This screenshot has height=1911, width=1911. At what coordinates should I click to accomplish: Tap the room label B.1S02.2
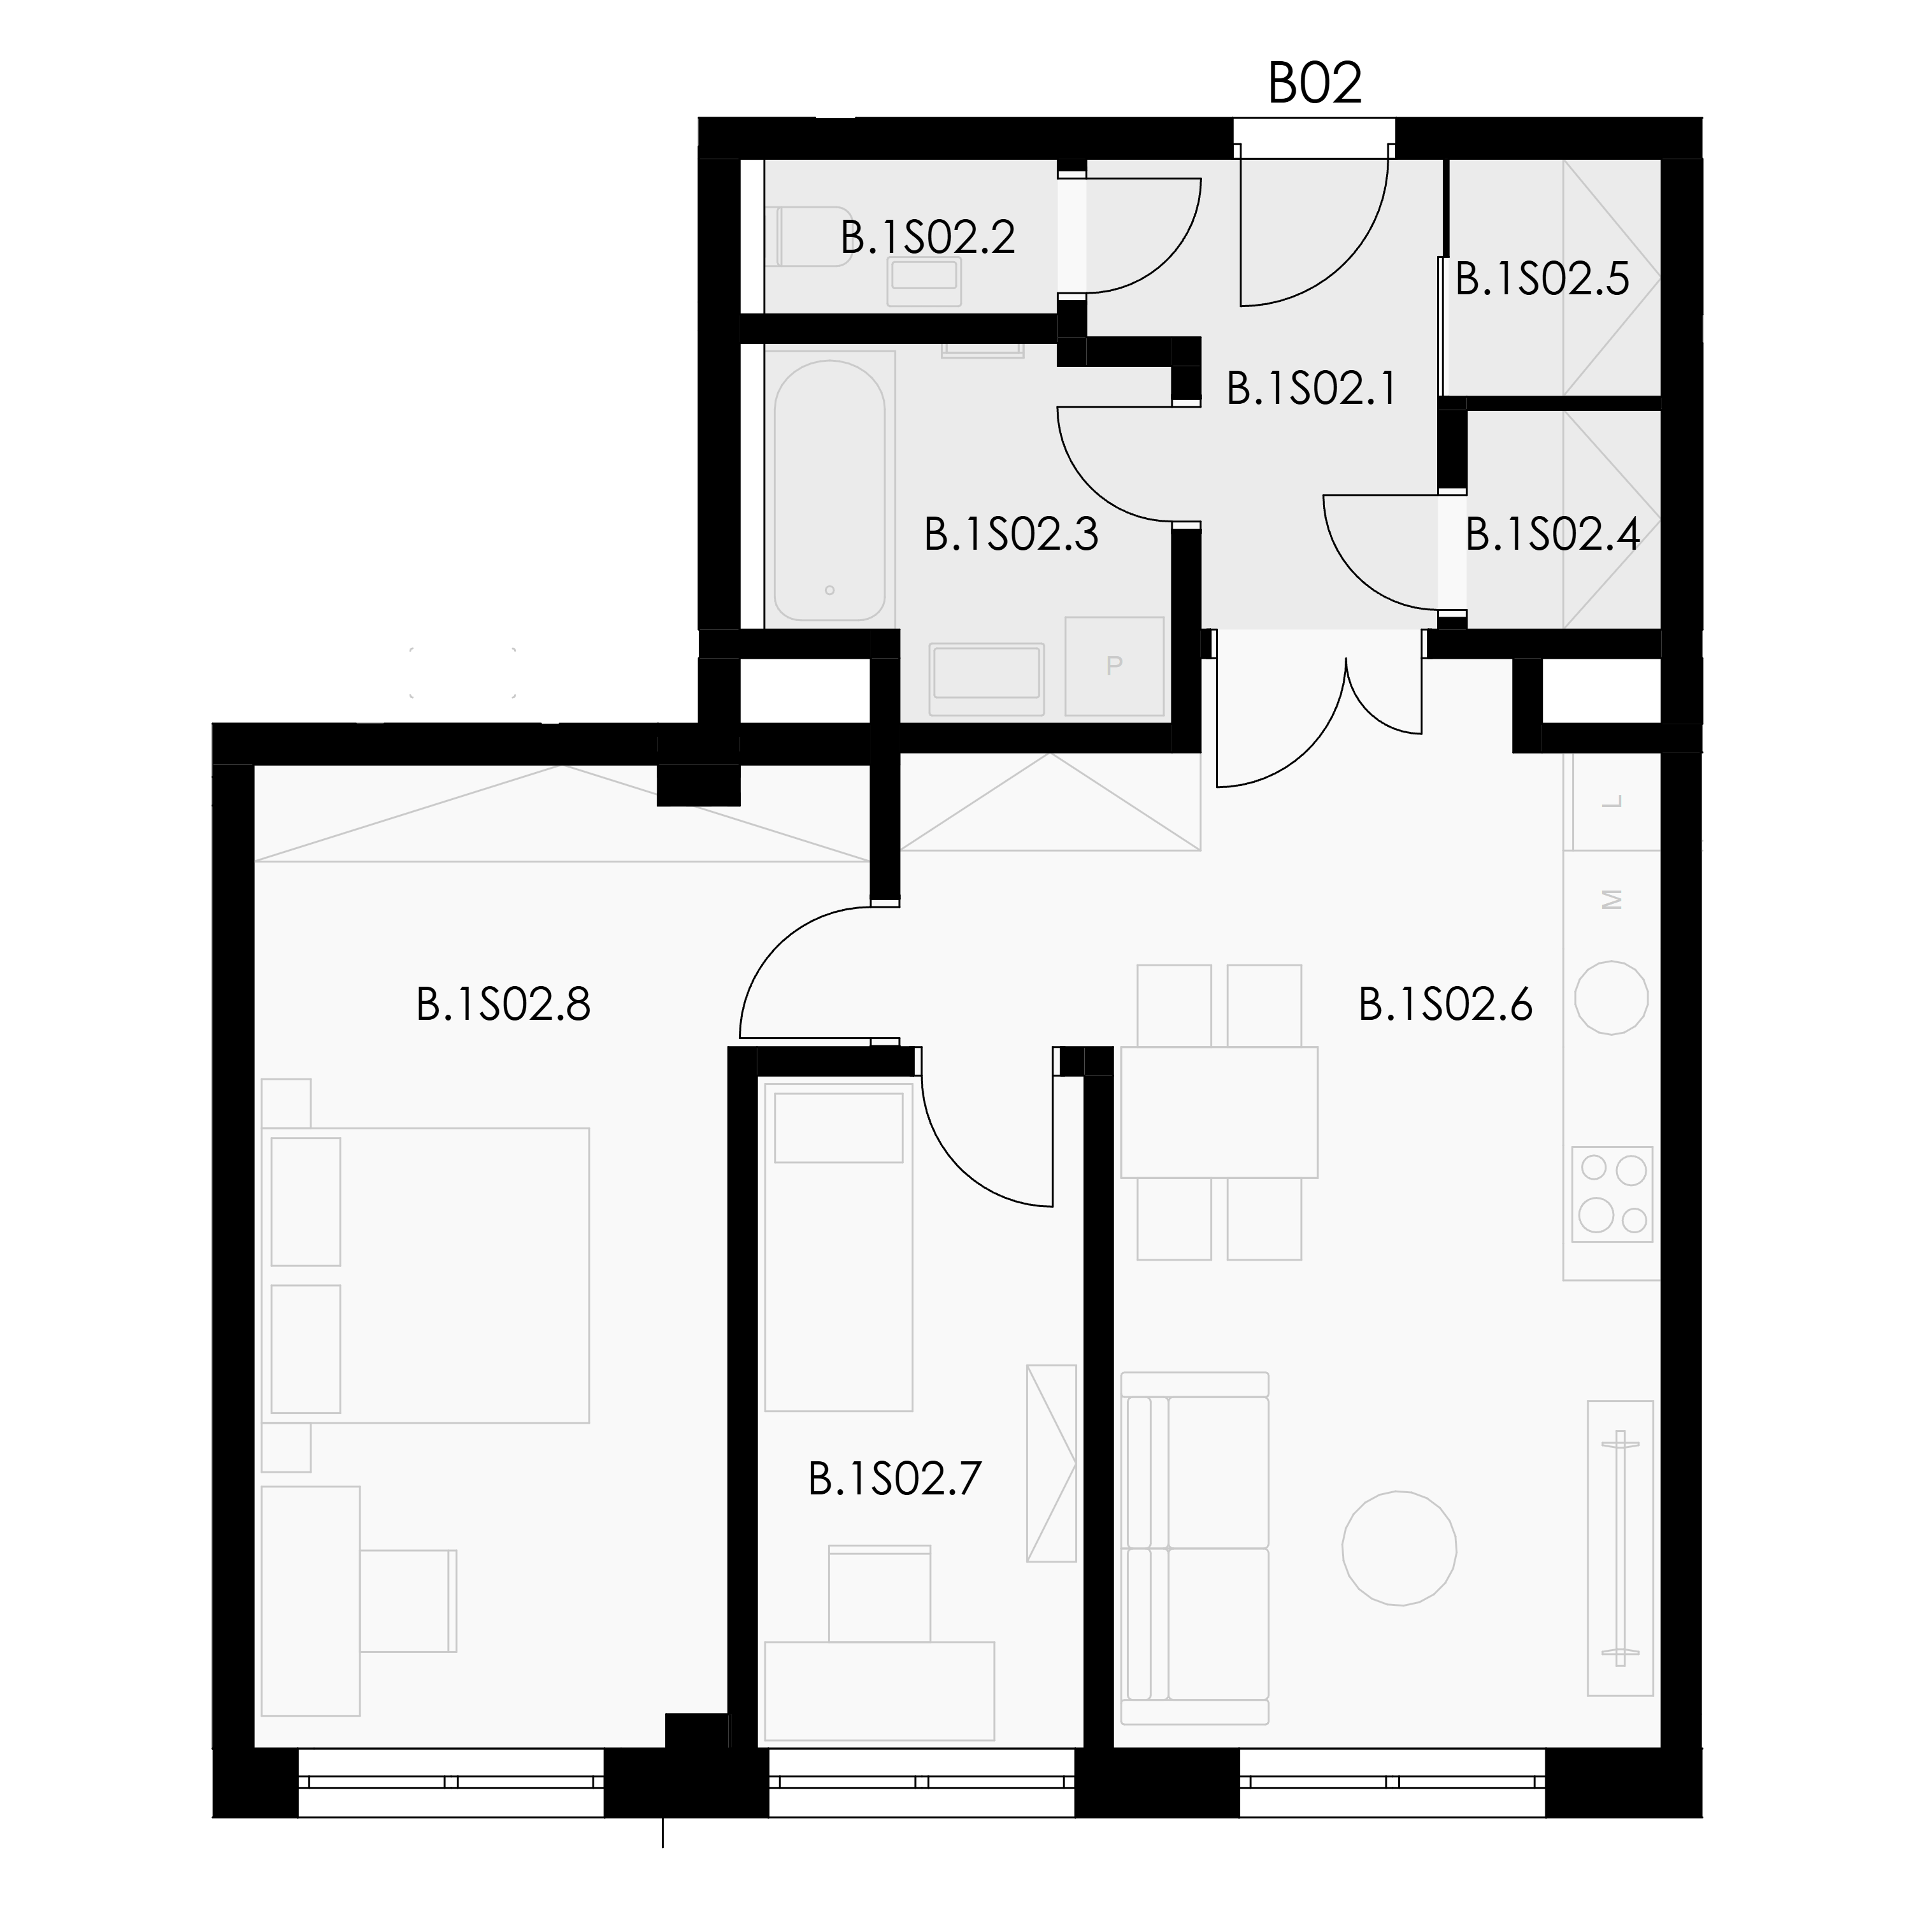click(x=928, y=238)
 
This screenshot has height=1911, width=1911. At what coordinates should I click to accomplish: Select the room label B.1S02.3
click(x=1011, y=534)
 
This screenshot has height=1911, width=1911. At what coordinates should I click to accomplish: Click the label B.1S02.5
click(x=1542, y=280)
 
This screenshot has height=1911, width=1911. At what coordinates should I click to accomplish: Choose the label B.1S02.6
click(x=1445, y=1005)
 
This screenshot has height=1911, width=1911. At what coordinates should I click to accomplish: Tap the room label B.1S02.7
click(x=895, y=1480)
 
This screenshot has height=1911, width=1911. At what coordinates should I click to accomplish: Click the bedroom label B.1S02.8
click(x=503, y=1005)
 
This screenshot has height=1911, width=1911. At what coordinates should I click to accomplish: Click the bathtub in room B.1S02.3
click(x=830, y=490)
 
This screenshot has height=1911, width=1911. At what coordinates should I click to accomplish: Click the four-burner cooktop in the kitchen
click(x=1612, y=1194)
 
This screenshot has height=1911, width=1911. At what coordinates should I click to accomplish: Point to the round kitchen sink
click(x=1612, y=998)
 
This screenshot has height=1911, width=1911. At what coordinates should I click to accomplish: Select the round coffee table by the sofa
click(x=1399, y=1548)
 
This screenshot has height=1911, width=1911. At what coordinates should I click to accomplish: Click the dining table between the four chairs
click(x=1219, y=1112)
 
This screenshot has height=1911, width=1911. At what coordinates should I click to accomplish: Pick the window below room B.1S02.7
click(x=922, y=1782)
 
